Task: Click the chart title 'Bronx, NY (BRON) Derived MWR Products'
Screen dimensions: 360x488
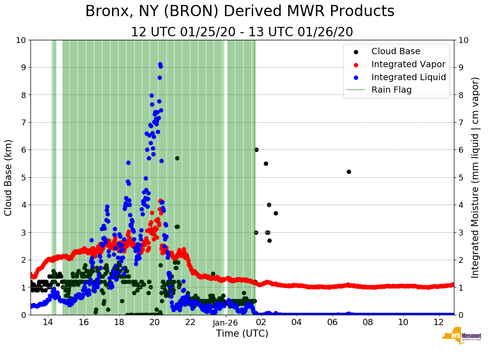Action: [x=240, y=11]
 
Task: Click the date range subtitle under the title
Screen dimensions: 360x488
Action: [x=242, y=32]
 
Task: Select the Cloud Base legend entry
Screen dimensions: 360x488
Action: [x=396, y=51]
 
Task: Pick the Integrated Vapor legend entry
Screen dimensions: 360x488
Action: [x=408, y=64]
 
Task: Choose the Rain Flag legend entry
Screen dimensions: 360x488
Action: [x=391, y=90]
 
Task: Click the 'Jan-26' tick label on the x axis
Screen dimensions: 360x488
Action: [x=225, y=322]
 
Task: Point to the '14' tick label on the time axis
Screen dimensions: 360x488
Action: [x=48, y=322]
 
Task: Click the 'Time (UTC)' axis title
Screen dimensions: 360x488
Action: [x=242, y=334]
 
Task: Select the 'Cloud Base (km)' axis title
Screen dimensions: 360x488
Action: [x=9, y=177]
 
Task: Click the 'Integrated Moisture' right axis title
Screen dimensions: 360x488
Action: [x=475, y=177]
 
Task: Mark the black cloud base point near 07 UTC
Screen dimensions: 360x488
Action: [x=349, y=171]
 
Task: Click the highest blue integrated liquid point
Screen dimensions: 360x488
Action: [x=160, y=64]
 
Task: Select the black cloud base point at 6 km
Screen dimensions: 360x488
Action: [x=256, y=150]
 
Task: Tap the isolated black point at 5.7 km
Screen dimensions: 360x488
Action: [x=177, y=158]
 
